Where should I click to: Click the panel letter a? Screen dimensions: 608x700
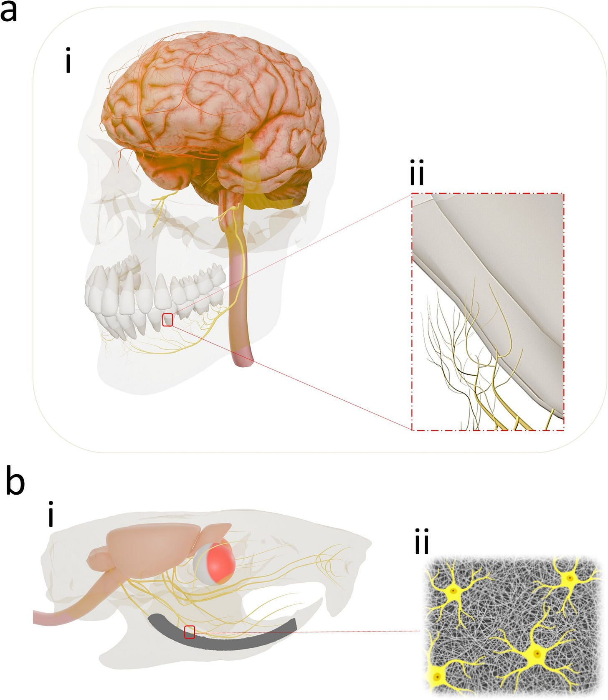9,12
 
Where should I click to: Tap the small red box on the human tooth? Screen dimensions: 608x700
167,320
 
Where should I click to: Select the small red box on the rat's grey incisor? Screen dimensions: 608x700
190,632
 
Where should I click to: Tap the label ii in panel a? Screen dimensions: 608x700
417,174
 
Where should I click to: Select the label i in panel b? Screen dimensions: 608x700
51,516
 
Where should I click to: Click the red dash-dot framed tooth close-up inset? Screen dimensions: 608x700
488,311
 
